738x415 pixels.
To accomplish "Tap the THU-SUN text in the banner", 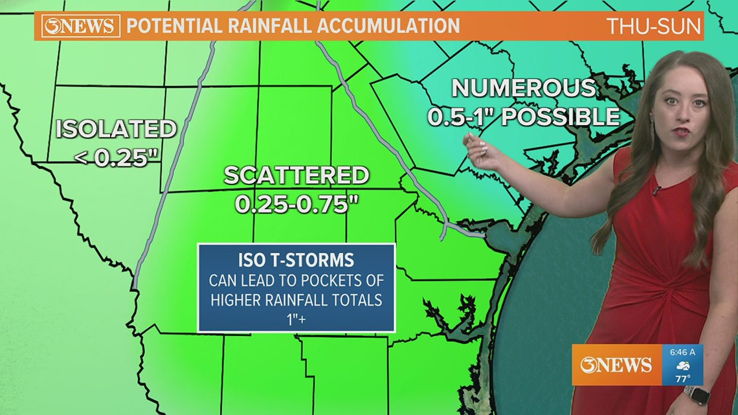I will [x=654, y=27].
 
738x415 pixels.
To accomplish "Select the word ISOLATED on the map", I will [x=116, y=129].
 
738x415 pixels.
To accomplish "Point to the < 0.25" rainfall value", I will [x=117, y=157].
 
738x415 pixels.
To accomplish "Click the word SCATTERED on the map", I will [x=296, y=175].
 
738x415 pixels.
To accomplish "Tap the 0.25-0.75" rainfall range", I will [x=297, y=204].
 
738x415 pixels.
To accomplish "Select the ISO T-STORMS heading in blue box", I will [x=296, y=260].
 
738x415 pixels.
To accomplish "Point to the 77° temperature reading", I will [x=682, y=378].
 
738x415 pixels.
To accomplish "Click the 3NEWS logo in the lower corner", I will [x=616, y=365].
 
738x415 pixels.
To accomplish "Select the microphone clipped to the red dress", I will [x=656, y=190].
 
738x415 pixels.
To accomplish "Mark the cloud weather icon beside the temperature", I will [x=682, y=365].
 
